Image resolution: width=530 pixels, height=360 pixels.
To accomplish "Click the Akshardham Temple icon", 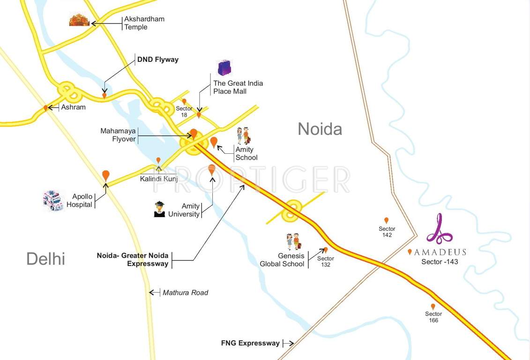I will tap(79, 20).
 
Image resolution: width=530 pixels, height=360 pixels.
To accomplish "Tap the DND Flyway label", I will tap(157, 60).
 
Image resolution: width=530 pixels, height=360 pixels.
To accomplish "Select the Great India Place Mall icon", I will tap(224, 68).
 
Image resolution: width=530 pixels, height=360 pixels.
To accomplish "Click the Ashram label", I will tap(73, 107).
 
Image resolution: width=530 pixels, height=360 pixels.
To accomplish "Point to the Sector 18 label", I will tap(184, 112).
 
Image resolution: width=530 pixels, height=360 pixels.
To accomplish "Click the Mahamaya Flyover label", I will tap(118, 135).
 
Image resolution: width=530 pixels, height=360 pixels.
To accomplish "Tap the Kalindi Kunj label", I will tap(159, 179).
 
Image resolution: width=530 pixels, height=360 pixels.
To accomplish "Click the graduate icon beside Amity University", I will tap(159, 210).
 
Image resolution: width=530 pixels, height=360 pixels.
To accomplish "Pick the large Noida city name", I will tap(320, 129).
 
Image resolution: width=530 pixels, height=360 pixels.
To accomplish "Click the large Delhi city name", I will tap(45, 259).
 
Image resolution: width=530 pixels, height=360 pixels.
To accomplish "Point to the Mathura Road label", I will tap(185, 292).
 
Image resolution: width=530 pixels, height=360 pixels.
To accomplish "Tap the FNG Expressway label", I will tap(250, 343).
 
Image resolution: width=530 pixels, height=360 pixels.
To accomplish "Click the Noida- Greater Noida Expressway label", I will tap(133, 260).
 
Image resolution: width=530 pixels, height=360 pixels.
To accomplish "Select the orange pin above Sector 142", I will tap(387, 220).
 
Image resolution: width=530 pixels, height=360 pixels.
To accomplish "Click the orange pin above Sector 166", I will tap(433, 307).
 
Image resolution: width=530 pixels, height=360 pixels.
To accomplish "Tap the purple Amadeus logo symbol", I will tap(439, 229).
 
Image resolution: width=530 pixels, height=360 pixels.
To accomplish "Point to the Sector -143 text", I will tap(440, 262).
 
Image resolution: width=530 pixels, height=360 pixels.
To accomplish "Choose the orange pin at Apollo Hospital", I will tap(106, 175).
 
